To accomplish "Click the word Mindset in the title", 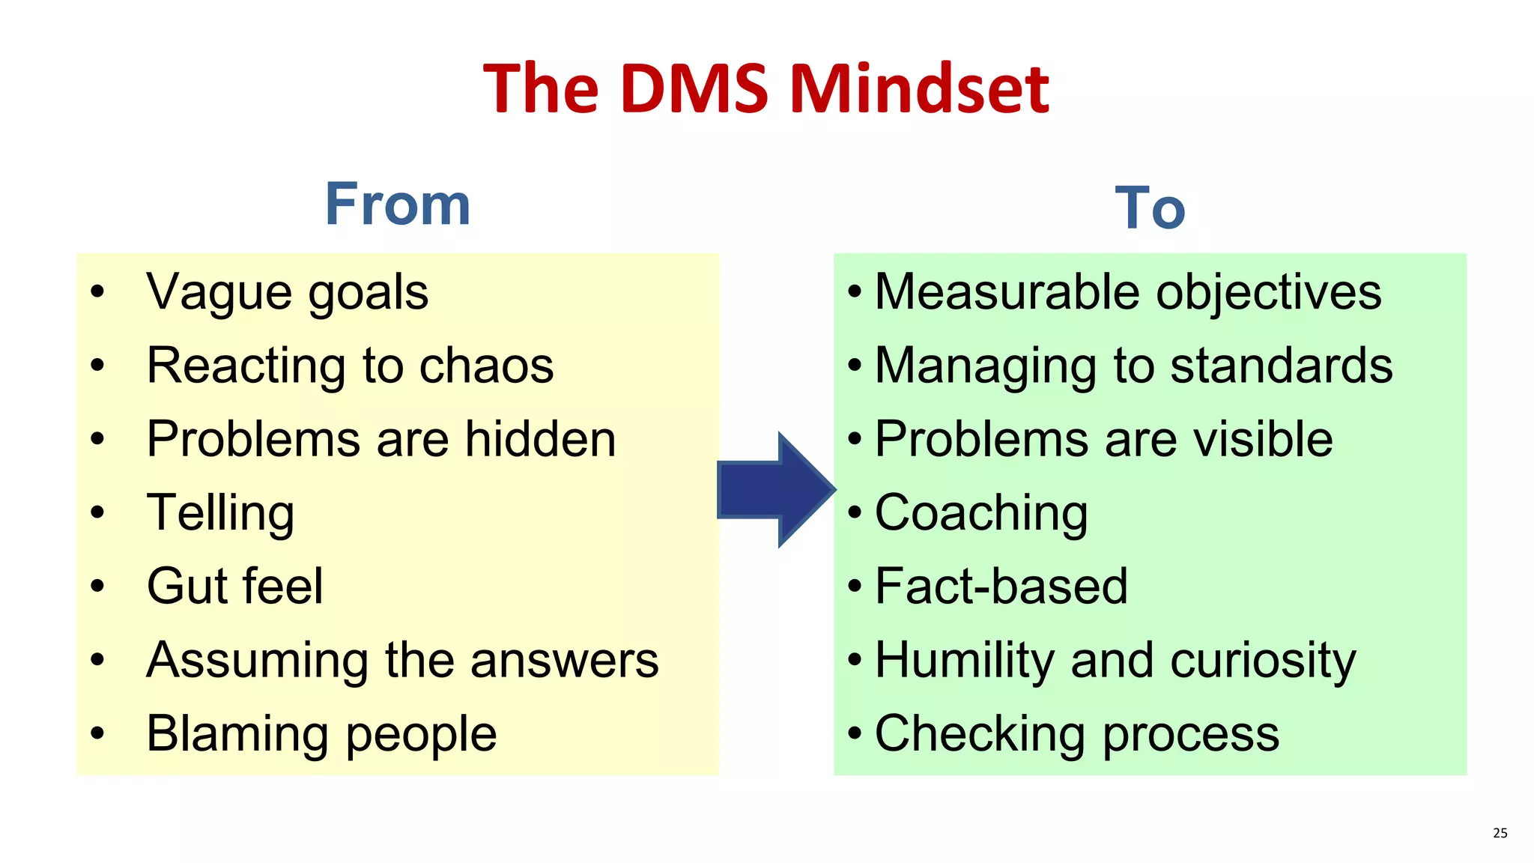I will (919, 89).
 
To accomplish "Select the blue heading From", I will (398, 205).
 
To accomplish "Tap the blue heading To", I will (1150, 208).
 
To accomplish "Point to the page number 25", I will (1500, 833).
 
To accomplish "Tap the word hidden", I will (540, 439).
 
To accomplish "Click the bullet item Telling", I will (220, 514).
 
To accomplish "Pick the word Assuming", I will (258, 661).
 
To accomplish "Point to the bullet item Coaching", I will (981, 514).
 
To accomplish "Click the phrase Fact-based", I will (1001, 586).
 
